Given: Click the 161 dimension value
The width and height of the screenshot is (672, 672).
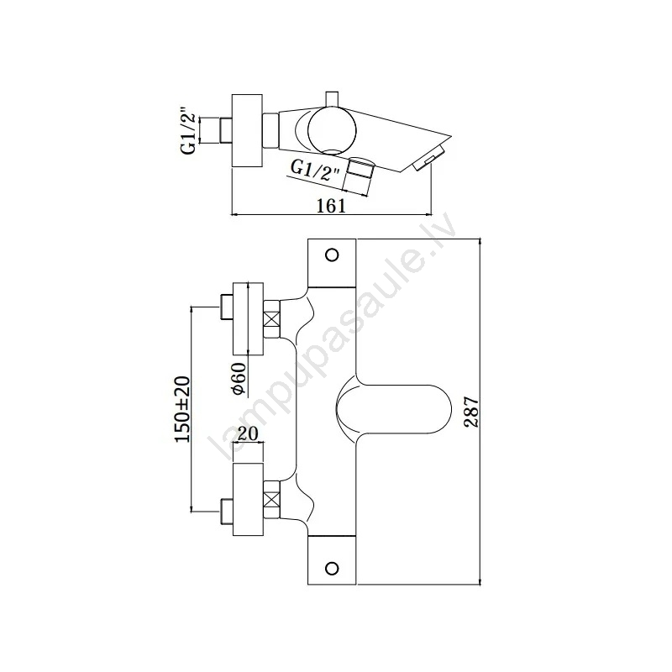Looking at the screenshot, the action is tap(331, 206).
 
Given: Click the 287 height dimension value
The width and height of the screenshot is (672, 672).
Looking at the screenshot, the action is tap(472, 412).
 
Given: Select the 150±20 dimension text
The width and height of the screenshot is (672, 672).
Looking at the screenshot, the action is tap(181, 409).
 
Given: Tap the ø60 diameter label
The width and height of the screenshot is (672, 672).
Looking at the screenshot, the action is tap(239, 379).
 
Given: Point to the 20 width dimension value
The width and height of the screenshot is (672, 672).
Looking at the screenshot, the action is tap(248, 433).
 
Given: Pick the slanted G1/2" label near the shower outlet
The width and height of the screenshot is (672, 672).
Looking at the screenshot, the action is tap(316, 170).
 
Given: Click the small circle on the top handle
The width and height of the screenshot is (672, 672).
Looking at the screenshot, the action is tap(332, 255).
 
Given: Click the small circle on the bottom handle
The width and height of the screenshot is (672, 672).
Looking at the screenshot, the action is tap(332, 569).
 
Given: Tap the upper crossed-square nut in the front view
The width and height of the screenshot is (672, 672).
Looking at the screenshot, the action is tap(271, 319).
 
